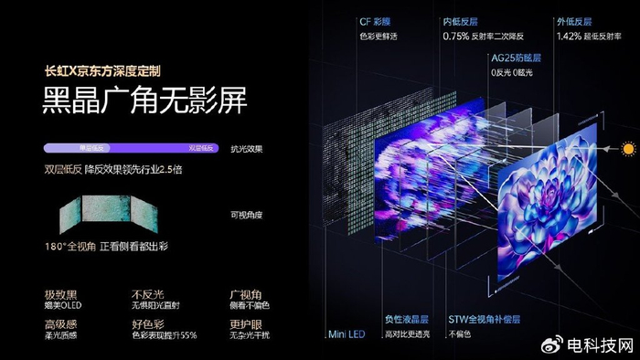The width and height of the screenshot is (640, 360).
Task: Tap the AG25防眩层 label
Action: [x=517, y=58]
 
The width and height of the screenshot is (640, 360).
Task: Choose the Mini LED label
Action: [x=347, y=334]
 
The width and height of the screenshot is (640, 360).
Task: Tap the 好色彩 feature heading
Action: [x=148, y=323]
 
